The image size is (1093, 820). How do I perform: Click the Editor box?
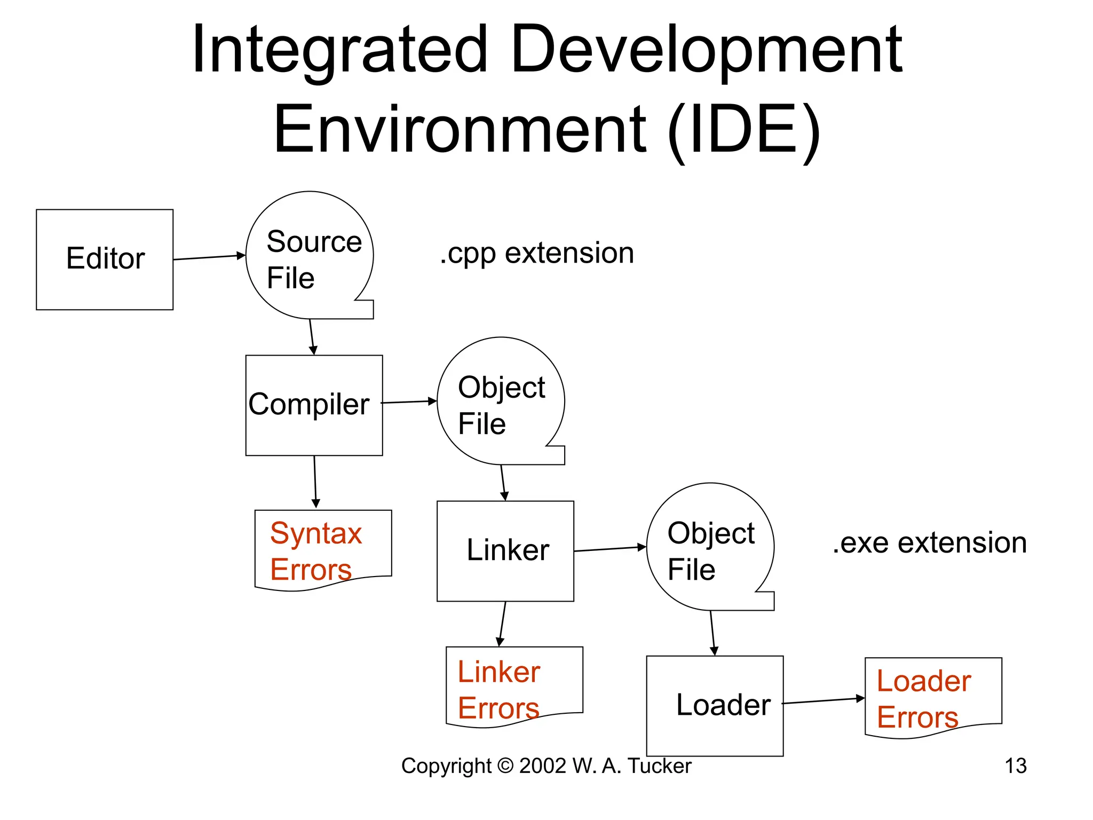(105, 259)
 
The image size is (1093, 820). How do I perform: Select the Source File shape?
(310, 256)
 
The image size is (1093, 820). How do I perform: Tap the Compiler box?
(314, 405)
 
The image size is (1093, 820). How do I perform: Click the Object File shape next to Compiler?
(501, 401)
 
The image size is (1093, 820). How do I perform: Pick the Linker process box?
(505, 551)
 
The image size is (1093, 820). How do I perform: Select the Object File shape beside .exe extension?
(710, 547)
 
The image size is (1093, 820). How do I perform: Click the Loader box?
(715, 706)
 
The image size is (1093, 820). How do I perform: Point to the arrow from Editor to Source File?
(209, 257)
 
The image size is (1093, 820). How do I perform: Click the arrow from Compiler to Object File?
(409, 402)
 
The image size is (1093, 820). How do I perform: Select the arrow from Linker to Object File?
(610, 549)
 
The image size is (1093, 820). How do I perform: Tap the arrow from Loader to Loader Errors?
(823, 701)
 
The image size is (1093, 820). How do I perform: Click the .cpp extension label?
(537, 253)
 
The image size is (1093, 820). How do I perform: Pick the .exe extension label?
(930, 543)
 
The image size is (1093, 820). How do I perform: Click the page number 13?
(1015, 766)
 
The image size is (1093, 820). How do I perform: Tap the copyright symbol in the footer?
(505, 766)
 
